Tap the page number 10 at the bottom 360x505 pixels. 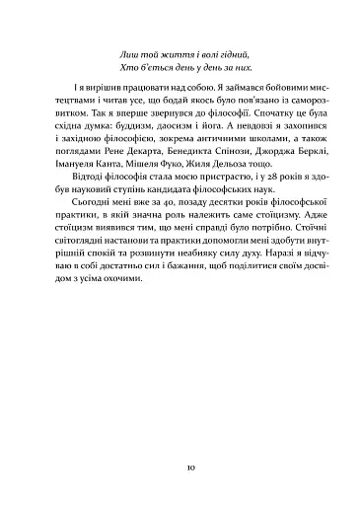pyautogui.click(x=180, y=463)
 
